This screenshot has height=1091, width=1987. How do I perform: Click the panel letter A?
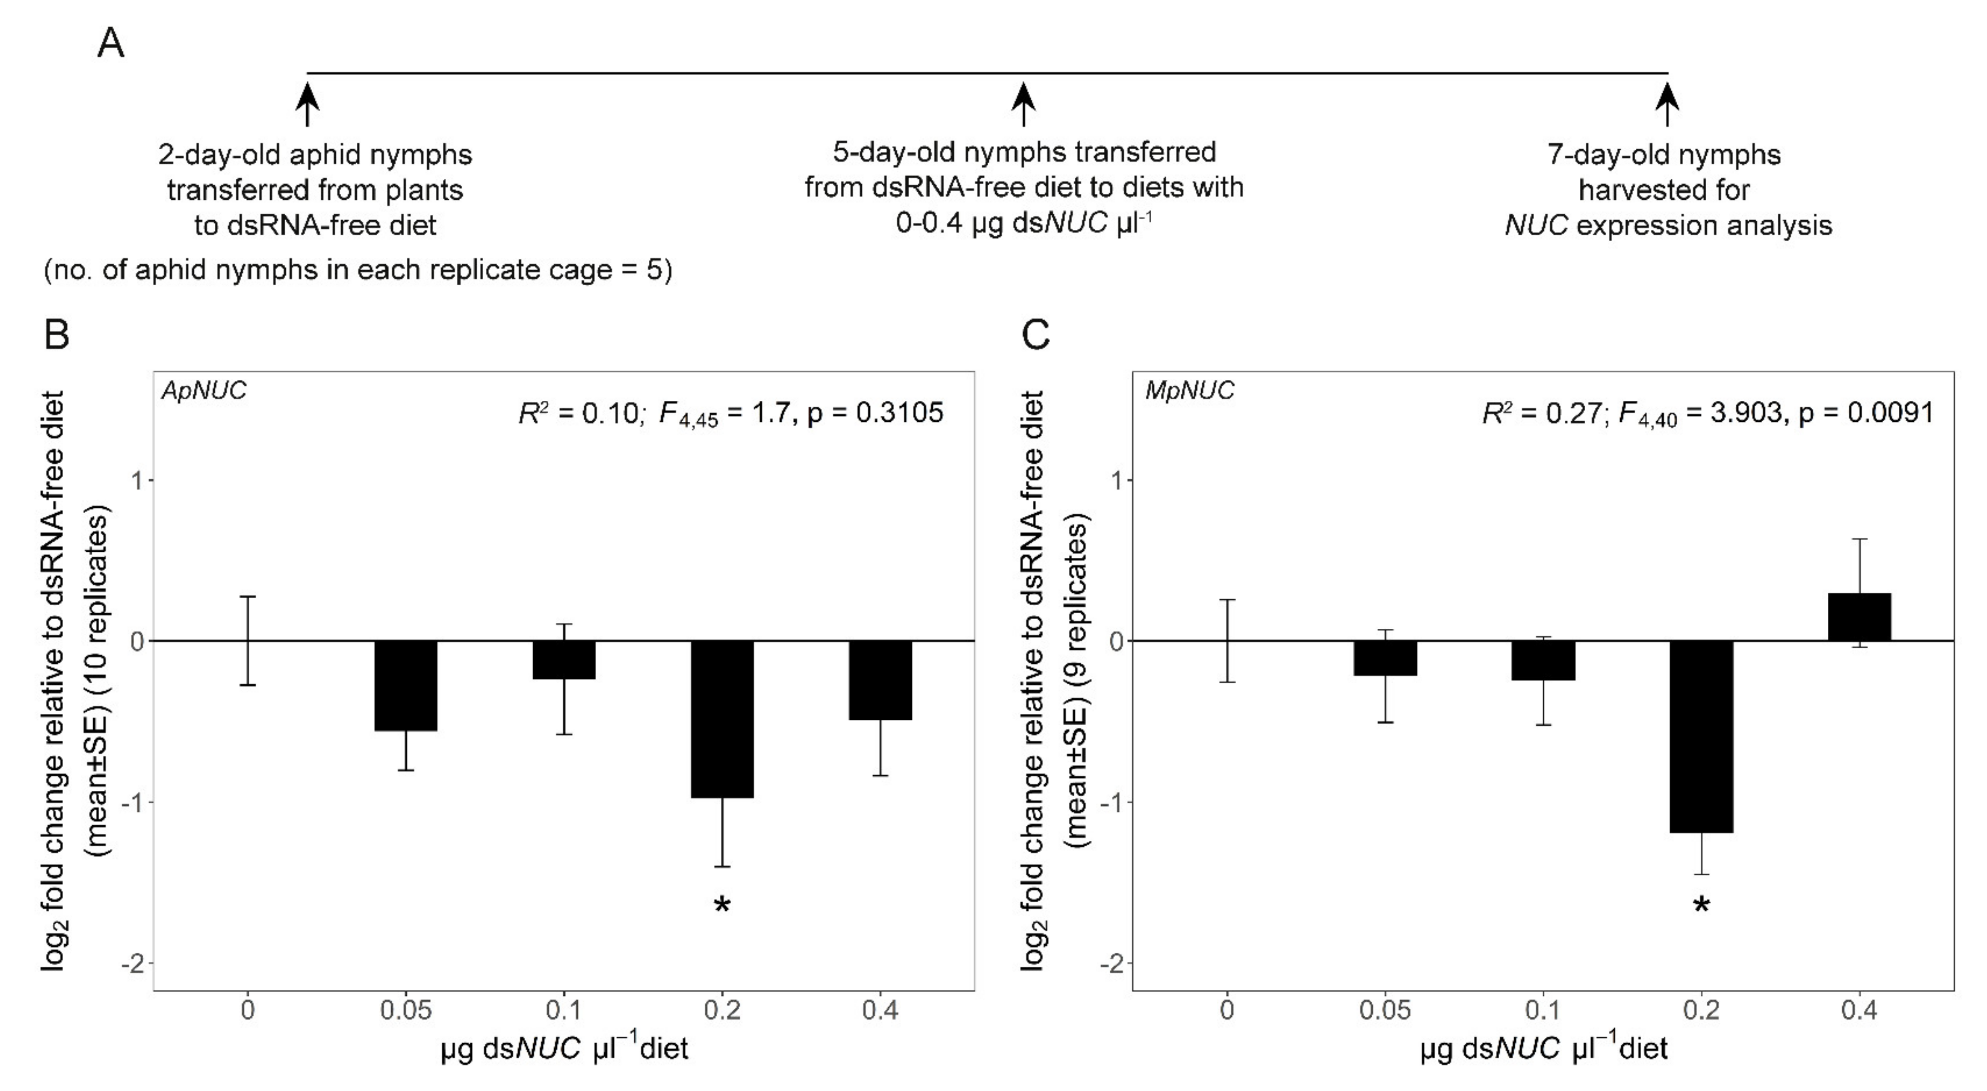point(111,44)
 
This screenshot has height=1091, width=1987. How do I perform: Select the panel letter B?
point(57,334)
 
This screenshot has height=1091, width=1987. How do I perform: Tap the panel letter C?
point(1035,334)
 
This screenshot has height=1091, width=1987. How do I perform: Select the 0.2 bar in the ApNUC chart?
point(722,718)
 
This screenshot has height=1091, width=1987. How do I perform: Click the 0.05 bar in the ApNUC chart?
point(406,686)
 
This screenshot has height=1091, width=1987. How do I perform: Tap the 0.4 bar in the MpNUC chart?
point(1859,617)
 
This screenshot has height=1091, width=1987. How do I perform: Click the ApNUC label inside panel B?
point(204,391)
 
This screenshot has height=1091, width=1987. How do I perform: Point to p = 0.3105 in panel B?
point(875,413)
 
